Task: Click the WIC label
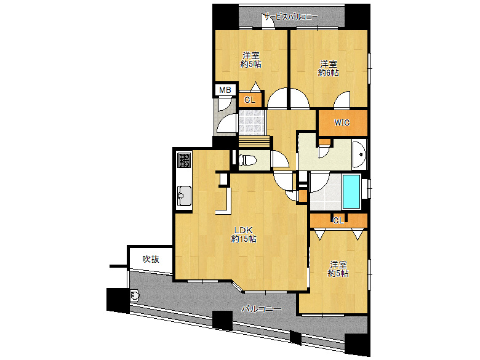pyautogui.click(x=342, y=122)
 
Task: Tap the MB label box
pyautogui.click(x=225, y=90)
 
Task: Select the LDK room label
pyautogui.click(x=243, y=230)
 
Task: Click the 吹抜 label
pyautogui.click(x=151, y=259)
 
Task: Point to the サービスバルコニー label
pyautogui.click(x=291, y=17)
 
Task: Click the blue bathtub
pyautogui.click(x=351, y=191)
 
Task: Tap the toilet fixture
pyautogui.click(x=247, y=160)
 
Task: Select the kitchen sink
pyautogui.click(x=184, y=196)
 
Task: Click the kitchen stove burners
pyautogui.click(x=184, y=160)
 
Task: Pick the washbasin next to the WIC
pyautogui.click(x=359, y=154)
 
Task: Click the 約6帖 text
pyautogui.click(x=328, y=73)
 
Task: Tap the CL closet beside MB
pyautogui.click(x=250, y=100)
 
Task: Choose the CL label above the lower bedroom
pyautogui.click(x=338, y=220)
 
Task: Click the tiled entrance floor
pyautogui.click(x=251, y=122)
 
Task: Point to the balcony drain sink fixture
pyautogui.click(x=135, y=296)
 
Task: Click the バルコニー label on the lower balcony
pyautogui.click(x=261, y=309)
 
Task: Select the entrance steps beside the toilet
pyautogui.click(x=254, y=142)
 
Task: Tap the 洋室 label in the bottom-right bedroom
pyautogui.click(x=338, y=264)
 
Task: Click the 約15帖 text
pyautogui.click(x=244, y=239)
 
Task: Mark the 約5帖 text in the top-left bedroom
pyautogui.click(x=250, y=64)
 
